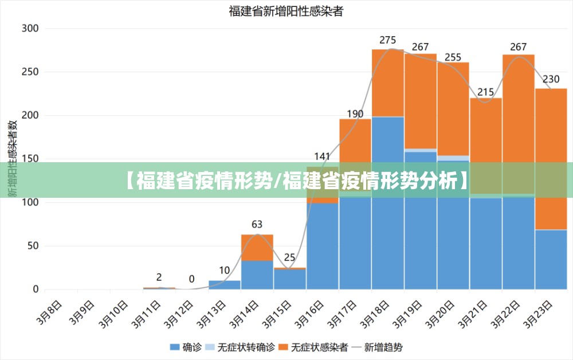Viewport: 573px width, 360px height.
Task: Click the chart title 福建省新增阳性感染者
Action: tap(286, 10)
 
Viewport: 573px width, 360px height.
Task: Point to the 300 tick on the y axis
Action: tap(30, 28)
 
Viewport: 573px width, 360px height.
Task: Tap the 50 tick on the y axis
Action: tap(33, 246)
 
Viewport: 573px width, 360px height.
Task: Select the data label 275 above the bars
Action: tap(388, 40)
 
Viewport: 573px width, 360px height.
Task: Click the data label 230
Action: tap(551, 80)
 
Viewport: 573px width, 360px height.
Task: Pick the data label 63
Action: tap(257, 224)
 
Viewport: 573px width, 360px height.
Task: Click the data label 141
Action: tap(323, 156)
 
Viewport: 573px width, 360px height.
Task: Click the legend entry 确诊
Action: tap(186, 347)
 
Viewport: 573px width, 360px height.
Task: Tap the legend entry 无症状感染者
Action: tap(313, 347)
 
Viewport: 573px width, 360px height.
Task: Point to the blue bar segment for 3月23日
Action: tap(551, 259)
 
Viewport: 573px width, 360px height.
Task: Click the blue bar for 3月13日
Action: tap(225, 285)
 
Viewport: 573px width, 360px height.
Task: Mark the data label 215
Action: tap(485, 92)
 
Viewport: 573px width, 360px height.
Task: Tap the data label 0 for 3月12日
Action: tap(191, 279)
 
